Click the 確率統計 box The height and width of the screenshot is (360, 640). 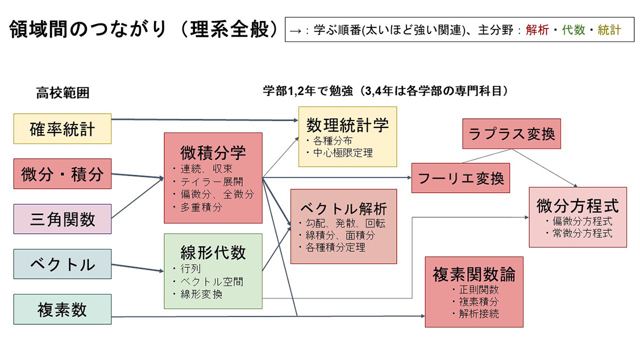[63, 129]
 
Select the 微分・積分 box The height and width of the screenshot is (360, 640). [63, 173]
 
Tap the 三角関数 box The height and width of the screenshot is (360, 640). [63, 219]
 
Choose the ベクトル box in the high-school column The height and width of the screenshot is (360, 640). [63, 264]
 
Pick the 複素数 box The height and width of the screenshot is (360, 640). [63, 309]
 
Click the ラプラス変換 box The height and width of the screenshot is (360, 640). [512, 134]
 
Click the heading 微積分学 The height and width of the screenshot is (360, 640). [213, 152]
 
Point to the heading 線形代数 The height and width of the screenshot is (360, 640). [213, 252]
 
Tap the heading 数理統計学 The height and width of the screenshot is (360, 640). [348, 125]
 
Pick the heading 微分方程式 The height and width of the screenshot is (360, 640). [577, 205]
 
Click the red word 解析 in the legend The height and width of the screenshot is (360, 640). [537, 30]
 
